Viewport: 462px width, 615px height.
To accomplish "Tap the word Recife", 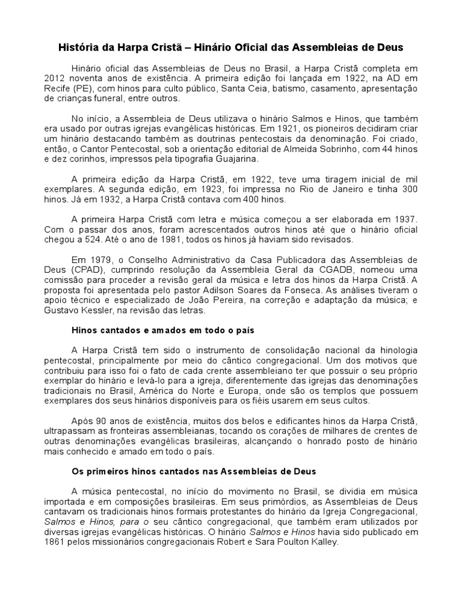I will click(57, 89).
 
